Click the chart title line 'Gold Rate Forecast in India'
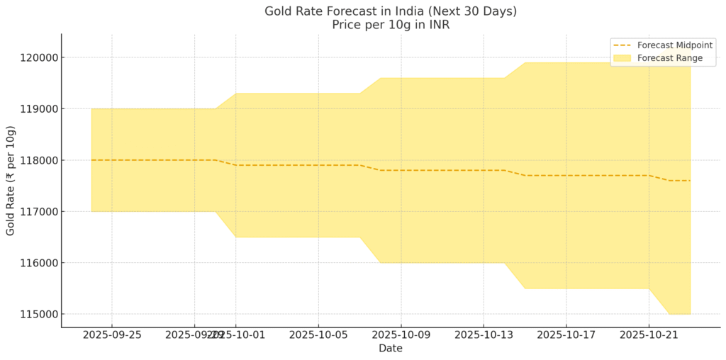tap(391, 11)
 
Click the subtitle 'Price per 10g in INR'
tap(391, 25)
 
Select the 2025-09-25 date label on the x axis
tap(111, 334)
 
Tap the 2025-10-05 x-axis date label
tap(318, 334)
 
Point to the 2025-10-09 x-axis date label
tap(401, 334)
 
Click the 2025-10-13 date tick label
tap(484, 334)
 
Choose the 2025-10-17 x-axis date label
tap(566, 334)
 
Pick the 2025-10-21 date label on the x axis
tap(649, 334)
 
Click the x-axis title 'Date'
tap(391, 349)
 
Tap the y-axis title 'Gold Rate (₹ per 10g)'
tap(11, 181)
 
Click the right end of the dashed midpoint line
tap(690, 181)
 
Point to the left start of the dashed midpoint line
tap(91, 160)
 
